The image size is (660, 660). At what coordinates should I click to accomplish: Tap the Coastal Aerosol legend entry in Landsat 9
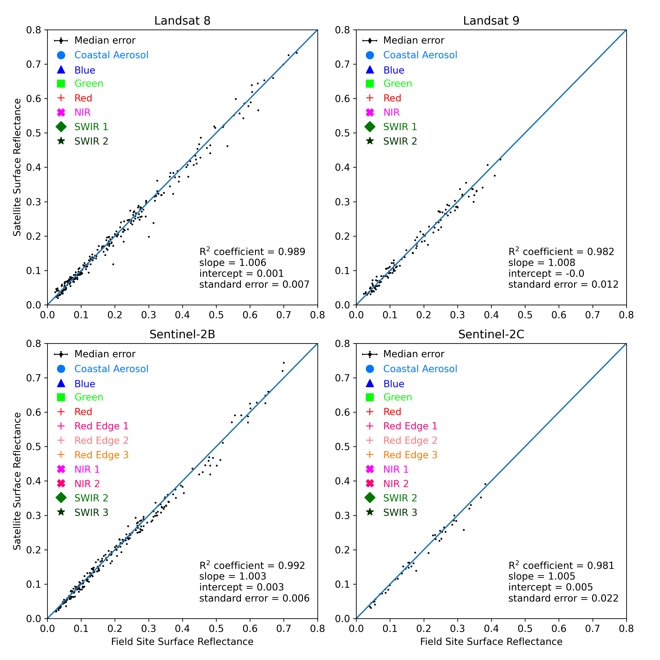click(x=420, y=55)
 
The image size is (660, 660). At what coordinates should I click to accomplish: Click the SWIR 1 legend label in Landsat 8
click(x=91, y=127)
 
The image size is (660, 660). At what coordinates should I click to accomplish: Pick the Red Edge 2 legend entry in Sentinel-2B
click(x=101, y=440)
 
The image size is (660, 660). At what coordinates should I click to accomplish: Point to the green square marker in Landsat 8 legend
click(x=61, y=84)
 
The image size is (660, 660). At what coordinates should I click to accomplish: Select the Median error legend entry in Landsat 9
click(x=413, y=40)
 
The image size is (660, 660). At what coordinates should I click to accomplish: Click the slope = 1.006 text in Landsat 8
click(x=233, y=263)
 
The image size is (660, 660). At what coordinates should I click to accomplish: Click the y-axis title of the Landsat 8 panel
click(x=17, y=167)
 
